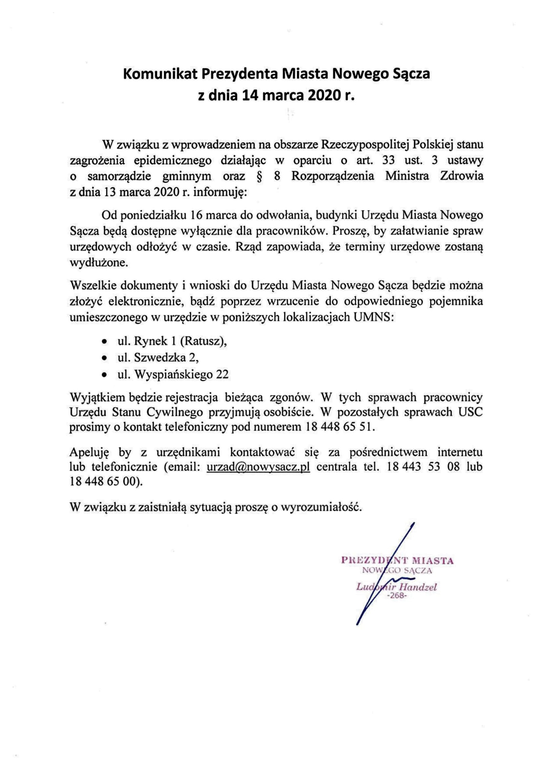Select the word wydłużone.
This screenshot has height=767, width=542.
coord(98,263)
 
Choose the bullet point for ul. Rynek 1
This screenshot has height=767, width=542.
coord(105,342)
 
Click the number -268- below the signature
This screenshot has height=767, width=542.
coord(397,595)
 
